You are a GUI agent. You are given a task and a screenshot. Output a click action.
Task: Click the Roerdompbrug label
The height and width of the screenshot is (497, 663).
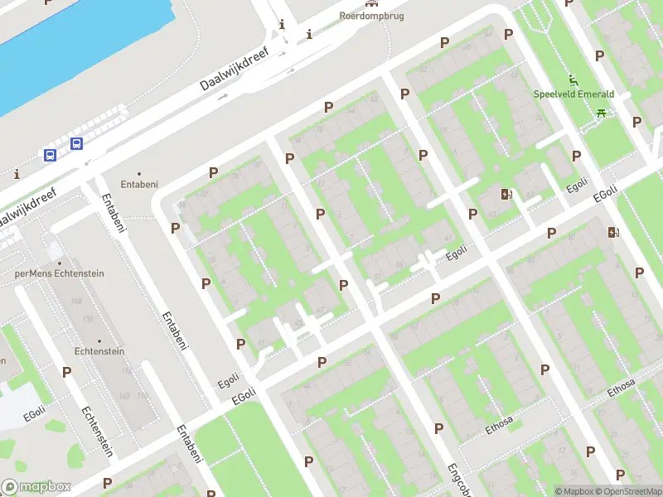pos(371,16)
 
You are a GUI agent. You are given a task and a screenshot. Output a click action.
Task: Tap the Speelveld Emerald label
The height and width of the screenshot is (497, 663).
pos(573,94)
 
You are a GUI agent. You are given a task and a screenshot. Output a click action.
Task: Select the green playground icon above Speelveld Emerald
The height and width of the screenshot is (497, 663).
pos(573,80)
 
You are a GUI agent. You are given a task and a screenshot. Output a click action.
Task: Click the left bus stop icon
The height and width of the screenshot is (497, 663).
pos(50,155)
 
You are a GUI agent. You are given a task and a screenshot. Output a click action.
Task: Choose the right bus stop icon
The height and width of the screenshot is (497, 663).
pos(76,143)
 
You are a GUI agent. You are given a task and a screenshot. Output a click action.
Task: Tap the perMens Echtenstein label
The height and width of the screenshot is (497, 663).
pos(48,273)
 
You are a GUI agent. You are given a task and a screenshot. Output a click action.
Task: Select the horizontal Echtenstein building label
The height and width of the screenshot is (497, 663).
pos(99,351)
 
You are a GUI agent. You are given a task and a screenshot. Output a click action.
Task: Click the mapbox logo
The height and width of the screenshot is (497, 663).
pos(36,487)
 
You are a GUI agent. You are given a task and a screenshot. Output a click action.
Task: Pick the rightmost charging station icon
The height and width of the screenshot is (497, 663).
pos(613,233)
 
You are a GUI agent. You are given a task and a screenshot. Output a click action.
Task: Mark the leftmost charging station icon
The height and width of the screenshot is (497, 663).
pos(506,195)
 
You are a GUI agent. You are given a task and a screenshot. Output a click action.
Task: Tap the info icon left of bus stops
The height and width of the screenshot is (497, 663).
pos(17,174)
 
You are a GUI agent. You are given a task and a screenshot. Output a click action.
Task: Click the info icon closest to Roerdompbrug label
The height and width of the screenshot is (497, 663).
pos(309,34)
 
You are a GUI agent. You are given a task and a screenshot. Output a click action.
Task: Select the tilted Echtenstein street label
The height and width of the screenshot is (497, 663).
pos(97,432)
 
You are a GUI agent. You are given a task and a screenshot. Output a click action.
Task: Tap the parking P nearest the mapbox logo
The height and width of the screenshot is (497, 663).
pos(107,483)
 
